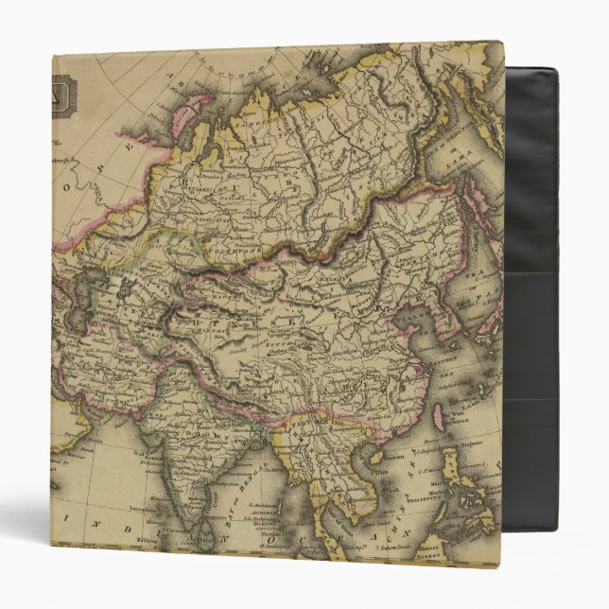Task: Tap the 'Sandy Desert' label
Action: tap(248, 347)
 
